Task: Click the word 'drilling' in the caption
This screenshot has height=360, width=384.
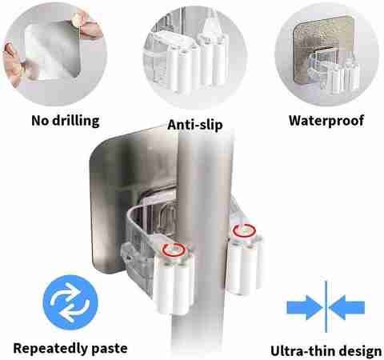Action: coord(76,121)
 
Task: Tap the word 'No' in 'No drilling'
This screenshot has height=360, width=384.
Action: coord(40,121)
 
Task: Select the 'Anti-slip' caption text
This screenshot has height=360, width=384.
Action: coord(195,125)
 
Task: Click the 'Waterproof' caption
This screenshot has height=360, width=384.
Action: coord(326,121)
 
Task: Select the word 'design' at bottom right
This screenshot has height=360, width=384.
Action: coord(358,351)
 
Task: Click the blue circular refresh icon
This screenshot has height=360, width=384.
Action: coord(70,303)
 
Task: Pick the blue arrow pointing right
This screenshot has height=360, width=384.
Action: coord(305,307)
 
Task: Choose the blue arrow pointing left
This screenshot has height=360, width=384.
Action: coord(346,307)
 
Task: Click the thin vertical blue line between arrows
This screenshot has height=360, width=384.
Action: coord(326,306)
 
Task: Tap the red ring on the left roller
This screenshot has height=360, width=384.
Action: coord(174,250)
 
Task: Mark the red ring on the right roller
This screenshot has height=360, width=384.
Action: coord(244,230)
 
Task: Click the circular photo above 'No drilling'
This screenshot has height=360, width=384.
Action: coord(54,54)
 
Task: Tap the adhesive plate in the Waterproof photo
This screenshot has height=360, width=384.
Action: coord(323,48)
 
